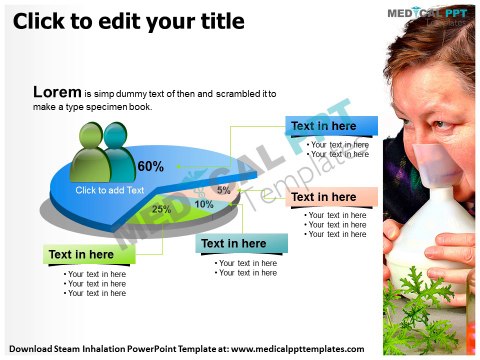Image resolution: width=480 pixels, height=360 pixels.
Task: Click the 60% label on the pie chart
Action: [x=151, y=166]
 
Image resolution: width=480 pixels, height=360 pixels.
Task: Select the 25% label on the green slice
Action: [x=161, y=209]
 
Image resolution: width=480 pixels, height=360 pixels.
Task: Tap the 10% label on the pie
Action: [x=204, y=204]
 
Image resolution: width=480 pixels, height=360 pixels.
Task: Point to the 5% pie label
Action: [x=223, y=189]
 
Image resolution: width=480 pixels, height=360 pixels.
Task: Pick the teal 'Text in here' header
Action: [x=233, y=243]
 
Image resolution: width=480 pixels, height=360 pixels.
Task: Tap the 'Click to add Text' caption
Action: [x=110, y=190]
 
